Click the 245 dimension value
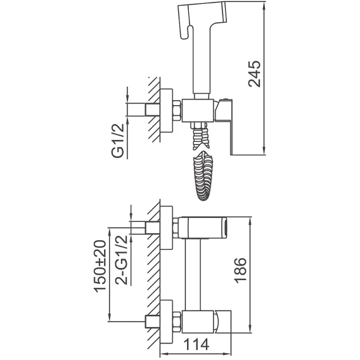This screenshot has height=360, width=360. [255, 74]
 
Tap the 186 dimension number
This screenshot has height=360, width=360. [240, 271]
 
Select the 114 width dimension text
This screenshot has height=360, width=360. [196, 344]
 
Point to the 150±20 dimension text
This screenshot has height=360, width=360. [100, 266]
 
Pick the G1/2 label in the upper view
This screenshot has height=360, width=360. [118, 141]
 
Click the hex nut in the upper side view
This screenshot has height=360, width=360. [177, 111]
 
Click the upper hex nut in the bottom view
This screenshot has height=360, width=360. [176, 228]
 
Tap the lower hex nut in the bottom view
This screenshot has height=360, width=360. [177, 322]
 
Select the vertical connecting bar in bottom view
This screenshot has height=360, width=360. [193, 274]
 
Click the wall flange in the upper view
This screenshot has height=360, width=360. [166, 111]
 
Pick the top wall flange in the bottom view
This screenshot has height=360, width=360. [166, 228]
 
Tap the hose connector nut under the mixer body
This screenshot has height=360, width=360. [198, 125]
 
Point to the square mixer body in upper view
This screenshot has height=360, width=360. [198, 111]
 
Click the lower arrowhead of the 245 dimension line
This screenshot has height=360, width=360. [265, 151]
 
